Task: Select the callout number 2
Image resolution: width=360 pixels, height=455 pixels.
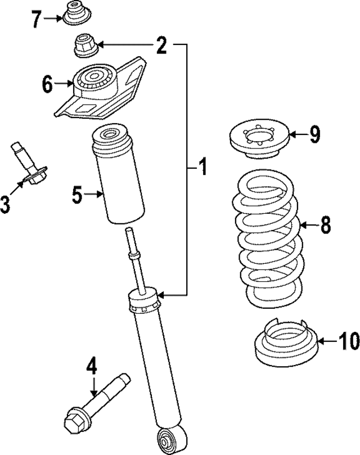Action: point(161,45)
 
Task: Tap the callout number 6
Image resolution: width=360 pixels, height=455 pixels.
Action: point(47,84)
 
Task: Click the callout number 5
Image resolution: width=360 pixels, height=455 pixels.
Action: point(78,195)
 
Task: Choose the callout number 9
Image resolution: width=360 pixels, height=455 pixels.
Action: point(314,134)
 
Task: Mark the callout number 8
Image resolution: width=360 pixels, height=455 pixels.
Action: point(325,226)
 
